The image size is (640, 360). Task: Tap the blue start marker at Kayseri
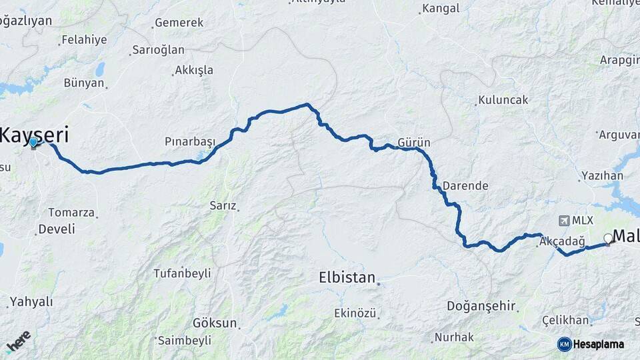click(x=33, y=142)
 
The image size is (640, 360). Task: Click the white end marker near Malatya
click(x=608, y=239)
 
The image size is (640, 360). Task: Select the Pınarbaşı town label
click(x=190, y=142)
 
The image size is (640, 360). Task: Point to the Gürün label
click(x=413, y=143)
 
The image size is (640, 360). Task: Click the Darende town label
click(x=465, y=186)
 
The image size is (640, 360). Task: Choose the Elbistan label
click(x=347, y=277)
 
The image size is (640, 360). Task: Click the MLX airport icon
click(x=565, y=221)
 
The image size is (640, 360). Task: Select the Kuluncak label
click(x=503, y=100)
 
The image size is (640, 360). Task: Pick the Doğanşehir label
click(x=481, y=306)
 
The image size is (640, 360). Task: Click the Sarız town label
click(x=223, y=205)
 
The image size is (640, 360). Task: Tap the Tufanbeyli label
click(x=182, y=273)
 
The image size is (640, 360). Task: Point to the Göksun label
click(x=214, y=323)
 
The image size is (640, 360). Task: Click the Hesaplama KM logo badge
click(x=565, y=344)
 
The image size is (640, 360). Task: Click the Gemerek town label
click(x=179, y=23)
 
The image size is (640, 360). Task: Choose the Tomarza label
click(x=71, y=213)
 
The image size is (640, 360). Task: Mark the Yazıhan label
click(x=602, y=176)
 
